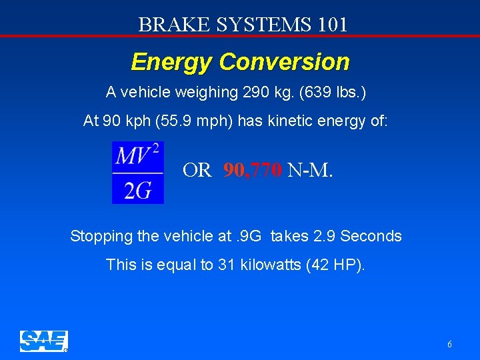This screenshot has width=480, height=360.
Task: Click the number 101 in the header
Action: (x=333, y=25)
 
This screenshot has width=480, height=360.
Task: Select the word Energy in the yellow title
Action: (x=171, y=62)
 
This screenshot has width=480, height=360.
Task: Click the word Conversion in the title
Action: (x=284, y=62)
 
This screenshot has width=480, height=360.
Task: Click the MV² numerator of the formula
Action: (x=138, y=157)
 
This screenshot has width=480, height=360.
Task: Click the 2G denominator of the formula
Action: (x=137, y=191)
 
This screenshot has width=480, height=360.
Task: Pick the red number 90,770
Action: (x=253, y=171)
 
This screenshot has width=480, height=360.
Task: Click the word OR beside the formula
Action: (x=197, y=171)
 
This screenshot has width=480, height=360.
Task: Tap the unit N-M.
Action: (x=310, y=171)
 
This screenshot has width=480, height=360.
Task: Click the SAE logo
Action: (x=43, y=341)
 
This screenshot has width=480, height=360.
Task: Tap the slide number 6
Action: (x=449, y=345)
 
